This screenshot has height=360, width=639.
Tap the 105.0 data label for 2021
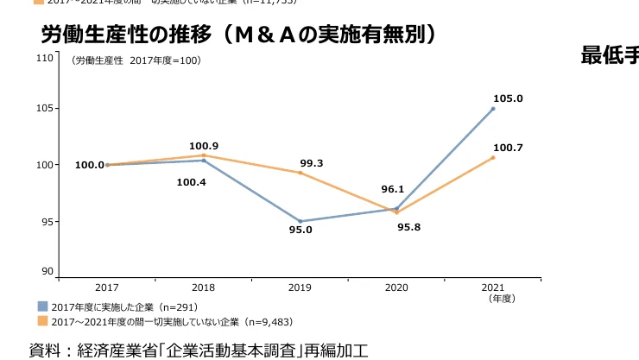tap(508, 98)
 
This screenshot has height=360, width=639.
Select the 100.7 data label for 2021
tap(508, 148)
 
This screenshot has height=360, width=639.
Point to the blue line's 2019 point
tap(300, 221)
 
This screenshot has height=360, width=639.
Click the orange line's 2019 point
tap(300, 173)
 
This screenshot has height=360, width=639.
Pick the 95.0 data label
tap(300, 230)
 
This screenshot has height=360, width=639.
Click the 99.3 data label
tap(311, 162)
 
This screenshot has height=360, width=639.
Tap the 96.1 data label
tap(393, 189)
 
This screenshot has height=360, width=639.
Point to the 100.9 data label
tap(203, 146)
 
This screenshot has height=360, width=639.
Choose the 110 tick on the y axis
tap(43, 58)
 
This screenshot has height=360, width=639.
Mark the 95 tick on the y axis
tap(46, 221)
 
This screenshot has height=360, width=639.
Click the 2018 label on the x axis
tap(203, 287)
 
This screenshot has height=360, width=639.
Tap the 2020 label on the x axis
tap(396, 287)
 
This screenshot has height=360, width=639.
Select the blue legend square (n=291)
tap(42, 306)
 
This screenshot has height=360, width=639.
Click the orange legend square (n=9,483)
tap(42, 321)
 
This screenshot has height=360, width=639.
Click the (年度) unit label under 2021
tap(502, 298)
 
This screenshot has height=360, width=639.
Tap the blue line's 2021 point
tap(493, 109)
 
